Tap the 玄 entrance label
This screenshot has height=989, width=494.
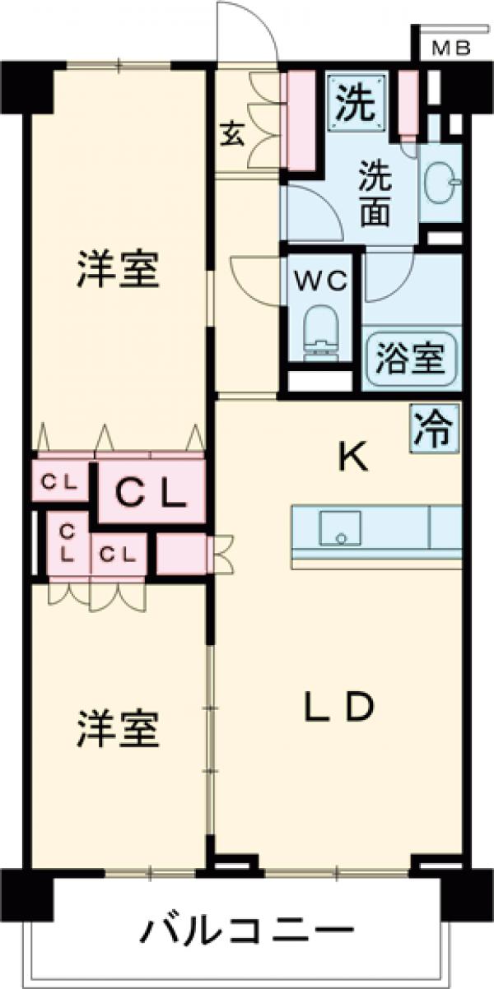tap(233, 134)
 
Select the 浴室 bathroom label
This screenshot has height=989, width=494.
tap(409, 360)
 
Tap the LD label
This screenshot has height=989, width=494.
tap(339, 706)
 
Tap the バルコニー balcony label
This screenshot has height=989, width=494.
tap(245, 932)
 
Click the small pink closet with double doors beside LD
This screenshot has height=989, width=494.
tap(181, 554)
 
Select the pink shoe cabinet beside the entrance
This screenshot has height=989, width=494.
tap(301, 123)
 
